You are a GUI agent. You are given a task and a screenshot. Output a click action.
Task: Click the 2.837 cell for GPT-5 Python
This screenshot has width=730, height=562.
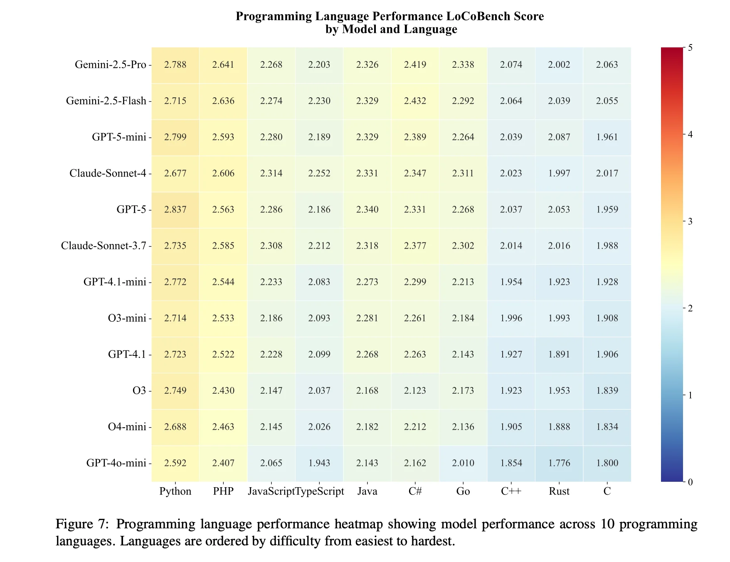(x=175, y=210)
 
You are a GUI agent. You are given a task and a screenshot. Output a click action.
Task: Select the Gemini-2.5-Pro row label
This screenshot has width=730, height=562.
(x=110, y=64)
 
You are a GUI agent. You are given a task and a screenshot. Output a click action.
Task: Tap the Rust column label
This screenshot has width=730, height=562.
(x=559, y=491)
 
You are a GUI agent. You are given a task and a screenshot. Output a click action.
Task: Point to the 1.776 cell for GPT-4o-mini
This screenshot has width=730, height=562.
(x=559, y=463)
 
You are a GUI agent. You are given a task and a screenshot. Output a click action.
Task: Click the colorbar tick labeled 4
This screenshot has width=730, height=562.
(x=690, y=134)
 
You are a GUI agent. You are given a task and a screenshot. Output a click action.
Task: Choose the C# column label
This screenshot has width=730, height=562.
(x=415, y=491)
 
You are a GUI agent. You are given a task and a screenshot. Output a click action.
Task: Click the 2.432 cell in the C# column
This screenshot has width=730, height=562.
(x=415, y=101)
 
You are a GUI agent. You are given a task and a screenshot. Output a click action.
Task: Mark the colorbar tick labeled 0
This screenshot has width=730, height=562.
(x=690, y=482)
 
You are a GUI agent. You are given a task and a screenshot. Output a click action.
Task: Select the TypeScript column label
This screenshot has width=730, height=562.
(x=320, y=491)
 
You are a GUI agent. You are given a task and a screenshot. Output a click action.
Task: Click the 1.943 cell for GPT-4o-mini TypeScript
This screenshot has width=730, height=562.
(x=319, y=463)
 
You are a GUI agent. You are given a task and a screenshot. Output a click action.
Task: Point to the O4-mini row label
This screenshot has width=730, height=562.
(x=127, y=427)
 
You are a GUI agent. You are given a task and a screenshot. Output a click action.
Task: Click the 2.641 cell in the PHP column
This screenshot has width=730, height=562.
(x=223, y=64)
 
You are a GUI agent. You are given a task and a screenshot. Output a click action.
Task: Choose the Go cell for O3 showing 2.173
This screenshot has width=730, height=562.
(x=463, y=391)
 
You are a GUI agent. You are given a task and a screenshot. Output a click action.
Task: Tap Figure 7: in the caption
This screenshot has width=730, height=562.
(x=82, y=524)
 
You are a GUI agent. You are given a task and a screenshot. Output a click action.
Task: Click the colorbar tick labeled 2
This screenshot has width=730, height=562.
(x=690, y=308)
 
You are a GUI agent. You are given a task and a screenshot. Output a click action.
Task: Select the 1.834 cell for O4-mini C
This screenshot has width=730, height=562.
(x=607, y=427)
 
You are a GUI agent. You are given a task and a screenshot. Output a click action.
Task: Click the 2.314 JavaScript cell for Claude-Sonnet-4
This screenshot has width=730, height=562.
(x=271, y=173)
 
